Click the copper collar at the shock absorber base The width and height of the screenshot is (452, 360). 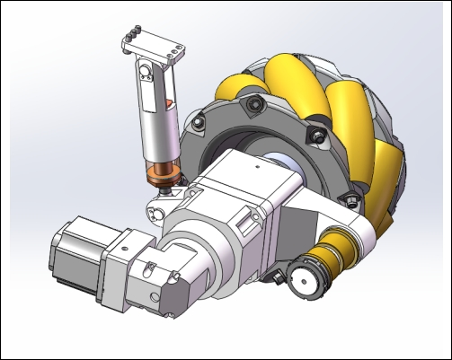tap(164, 173)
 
